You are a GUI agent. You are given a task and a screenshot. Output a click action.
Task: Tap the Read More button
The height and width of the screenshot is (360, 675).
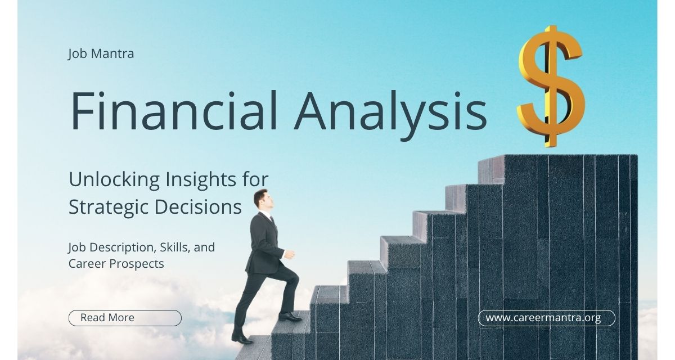point(125,318)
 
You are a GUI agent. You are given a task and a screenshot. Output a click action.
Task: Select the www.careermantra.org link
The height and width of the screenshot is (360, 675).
point(546,318)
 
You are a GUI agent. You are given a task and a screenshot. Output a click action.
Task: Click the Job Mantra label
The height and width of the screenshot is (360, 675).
point(101,54)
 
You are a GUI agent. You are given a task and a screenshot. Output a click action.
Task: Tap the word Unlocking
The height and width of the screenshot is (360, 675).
point(112,179)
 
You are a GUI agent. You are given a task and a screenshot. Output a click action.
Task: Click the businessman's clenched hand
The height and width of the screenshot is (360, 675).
point(289,254)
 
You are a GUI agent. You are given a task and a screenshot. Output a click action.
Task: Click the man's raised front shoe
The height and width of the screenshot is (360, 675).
point(290,317)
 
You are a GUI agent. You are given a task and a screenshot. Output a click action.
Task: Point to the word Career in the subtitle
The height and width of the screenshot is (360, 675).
point(86,263)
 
